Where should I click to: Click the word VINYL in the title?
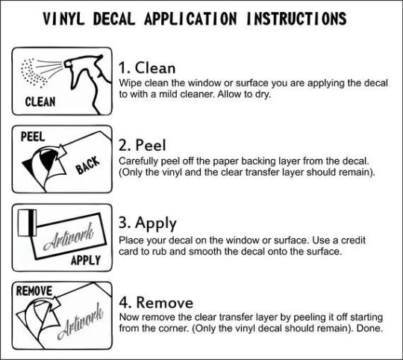pos(63,19)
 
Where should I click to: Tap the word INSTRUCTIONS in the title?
pos(296,19)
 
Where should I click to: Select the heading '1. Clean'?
pos(147,68)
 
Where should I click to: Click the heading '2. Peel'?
pos(142,145)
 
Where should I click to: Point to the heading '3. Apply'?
pos(148,223)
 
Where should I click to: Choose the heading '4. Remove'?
pos(156,302)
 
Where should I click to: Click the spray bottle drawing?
pos(87,83)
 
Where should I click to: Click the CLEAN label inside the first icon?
pos(40,102)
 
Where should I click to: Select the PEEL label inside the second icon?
pos(33,137)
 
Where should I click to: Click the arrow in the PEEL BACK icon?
pos(60,153)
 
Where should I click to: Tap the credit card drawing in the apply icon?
pos(27,223)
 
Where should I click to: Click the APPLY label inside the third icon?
pos(86,260)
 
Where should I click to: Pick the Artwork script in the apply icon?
pos(69,237)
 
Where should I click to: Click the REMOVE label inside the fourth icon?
pos(34,291)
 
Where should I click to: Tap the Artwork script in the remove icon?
pos(80,321)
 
